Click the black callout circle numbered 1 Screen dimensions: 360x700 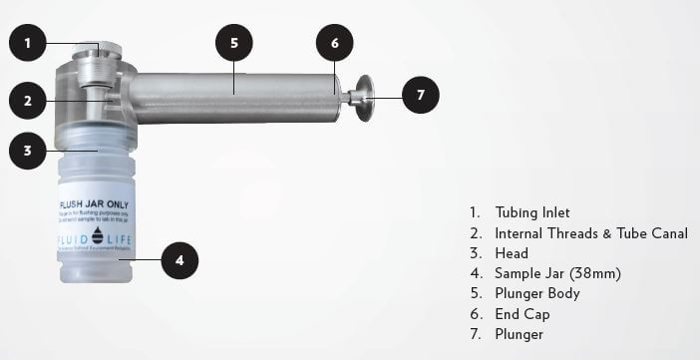pyautogui.click(x=29, y=43)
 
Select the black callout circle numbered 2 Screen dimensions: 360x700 pyautogui.click(x=29, y=100)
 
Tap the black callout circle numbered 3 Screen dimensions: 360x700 pyautogui.click(x=29, y=152)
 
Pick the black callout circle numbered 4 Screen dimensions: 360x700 pyautogui.click(x=178, y=260)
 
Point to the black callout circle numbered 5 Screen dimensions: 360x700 pyautogui.click(x=233, y=43)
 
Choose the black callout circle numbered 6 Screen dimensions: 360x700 pyautogui.click(x=335, y=43)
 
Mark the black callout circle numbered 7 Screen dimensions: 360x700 pyautogui.click(x=420, y=95)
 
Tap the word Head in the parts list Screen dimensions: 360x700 pyautogui.click(x=512, y=253)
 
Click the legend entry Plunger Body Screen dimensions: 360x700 pyautogui.click(x=536, y=294)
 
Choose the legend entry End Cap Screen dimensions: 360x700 pyautogui.click(x=522, y=314)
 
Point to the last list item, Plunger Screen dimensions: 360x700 pyautogui.click(x=519, y=335)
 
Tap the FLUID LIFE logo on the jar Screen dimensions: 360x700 pyautogui.click(x=97, y=237)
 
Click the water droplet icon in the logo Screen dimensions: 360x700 pyautogui.click(x=97, y=235)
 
